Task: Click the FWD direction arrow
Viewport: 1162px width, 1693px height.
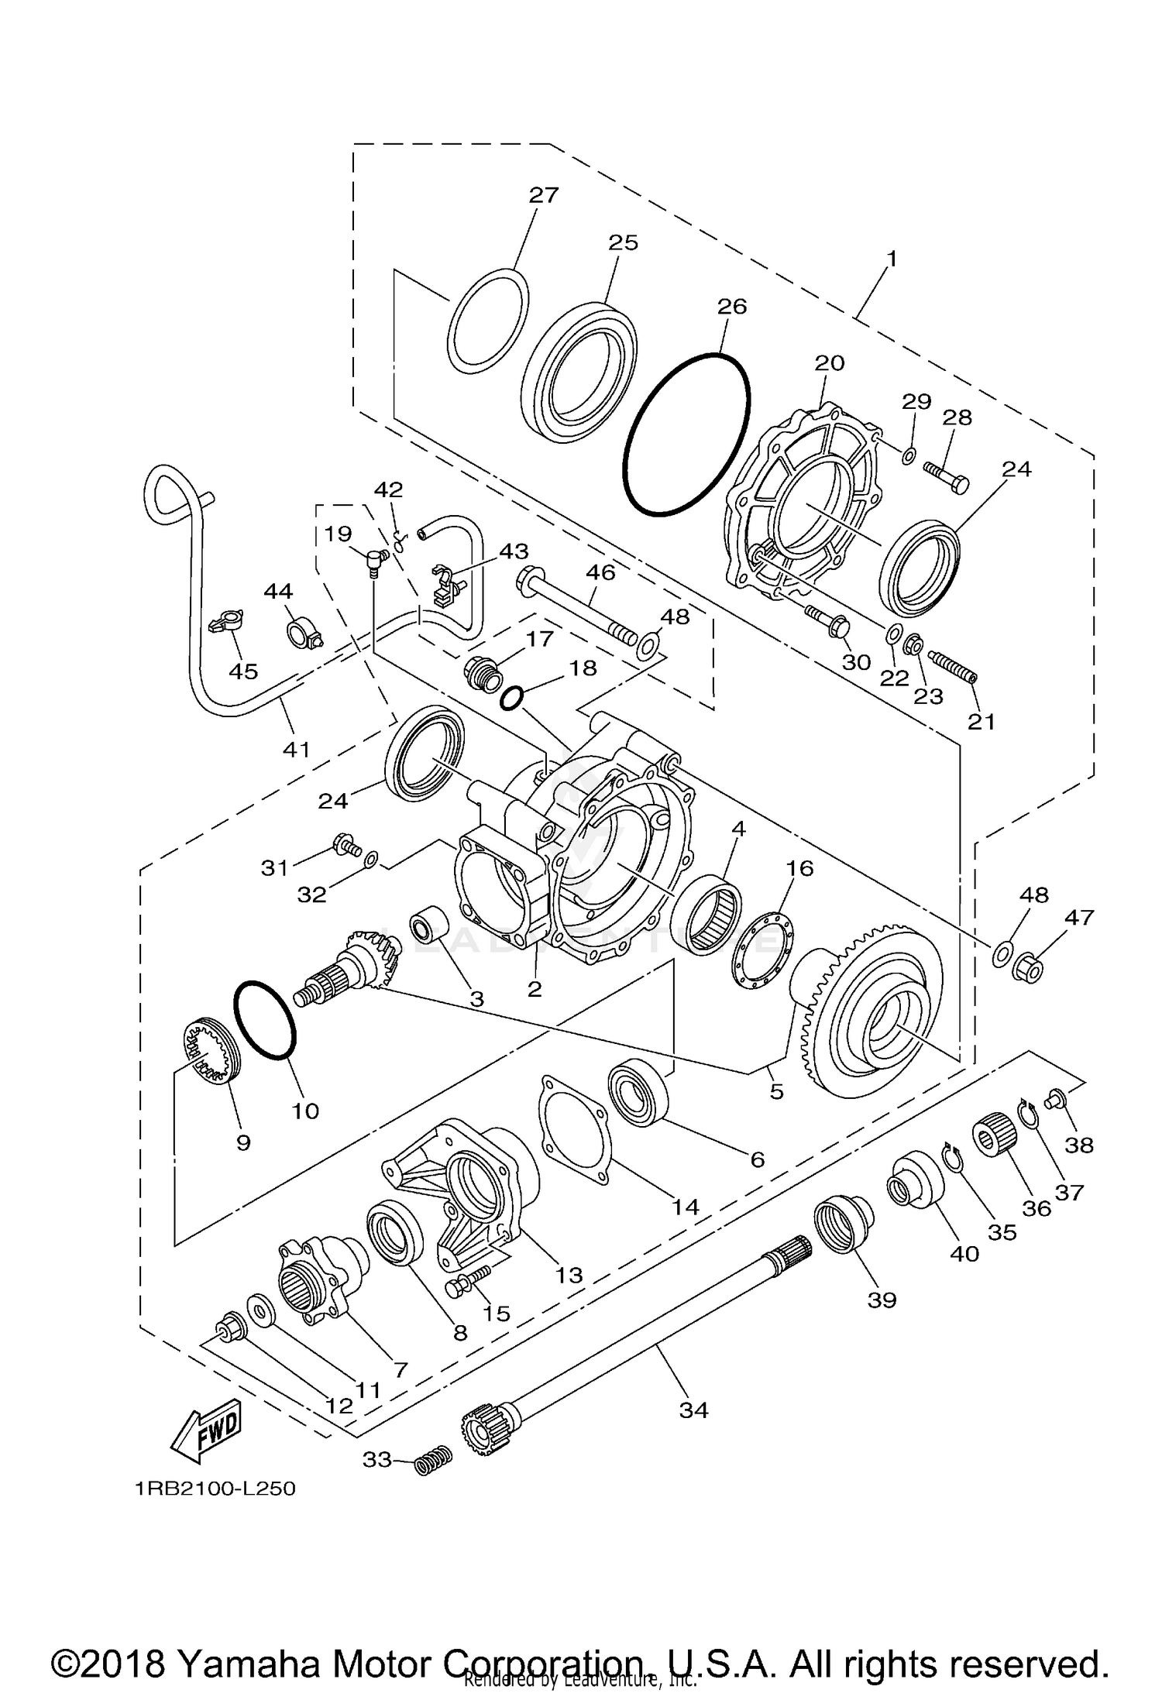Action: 207,1431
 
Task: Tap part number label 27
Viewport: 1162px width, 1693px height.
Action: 544,194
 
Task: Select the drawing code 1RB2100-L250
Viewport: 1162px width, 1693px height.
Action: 215,1489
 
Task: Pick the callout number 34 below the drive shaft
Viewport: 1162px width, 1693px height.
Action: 693,1410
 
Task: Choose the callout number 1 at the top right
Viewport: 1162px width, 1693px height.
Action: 892,258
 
